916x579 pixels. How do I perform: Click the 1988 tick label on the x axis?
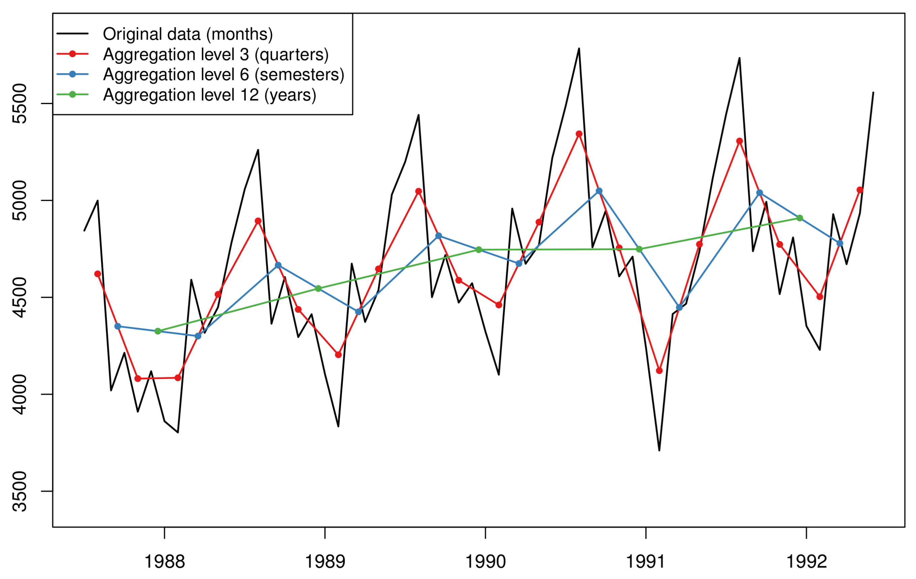pos(164,562)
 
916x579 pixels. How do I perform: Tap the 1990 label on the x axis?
pos(485,562)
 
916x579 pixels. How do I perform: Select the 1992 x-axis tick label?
pos(806,562)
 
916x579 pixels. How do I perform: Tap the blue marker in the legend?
pos(72,74)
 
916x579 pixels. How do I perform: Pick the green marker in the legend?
pos(72,94)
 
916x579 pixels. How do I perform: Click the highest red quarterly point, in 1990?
pos(579,134)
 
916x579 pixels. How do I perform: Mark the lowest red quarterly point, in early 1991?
pos(659,371)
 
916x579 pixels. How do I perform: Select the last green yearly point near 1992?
pos(800,218)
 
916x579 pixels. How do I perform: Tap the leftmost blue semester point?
pos(118,326)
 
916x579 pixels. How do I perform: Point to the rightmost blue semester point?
pos(839,243)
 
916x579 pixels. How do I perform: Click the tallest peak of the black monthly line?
pos(579,49)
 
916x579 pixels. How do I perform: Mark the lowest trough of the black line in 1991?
pos(659,451)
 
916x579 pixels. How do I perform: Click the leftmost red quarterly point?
pos(97,274)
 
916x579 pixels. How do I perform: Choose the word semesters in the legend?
pos(299,75)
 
